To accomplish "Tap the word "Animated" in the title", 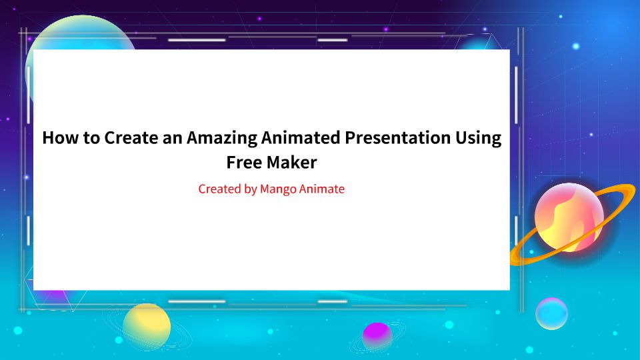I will (x=300, y=138).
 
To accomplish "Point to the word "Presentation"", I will (x=397, y=138).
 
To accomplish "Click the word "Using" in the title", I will (x=477, y=138).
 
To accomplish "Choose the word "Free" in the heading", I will (x=242, y=162).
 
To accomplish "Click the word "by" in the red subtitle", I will (x=251, y=189).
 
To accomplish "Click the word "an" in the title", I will (x=172, y=138).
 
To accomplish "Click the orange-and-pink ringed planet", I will (x=569, y=217).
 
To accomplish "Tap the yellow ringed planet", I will (x=147, y=326).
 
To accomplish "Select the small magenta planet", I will (x=377, y=334).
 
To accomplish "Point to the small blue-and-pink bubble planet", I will (x=551, y=313).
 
